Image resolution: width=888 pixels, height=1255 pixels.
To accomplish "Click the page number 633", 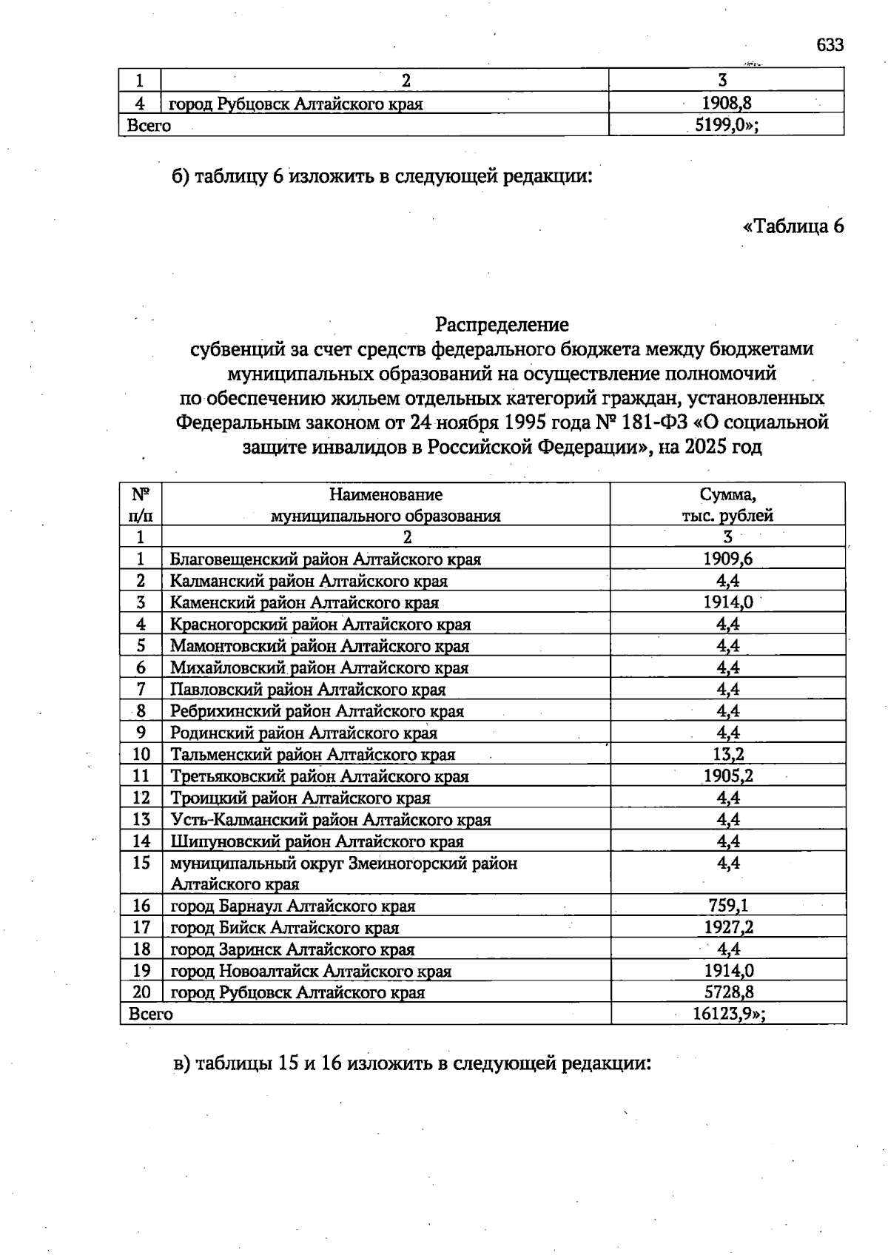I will [x=830, y=45].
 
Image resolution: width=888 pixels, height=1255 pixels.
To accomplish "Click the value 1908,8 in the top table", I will [x=727, y=103].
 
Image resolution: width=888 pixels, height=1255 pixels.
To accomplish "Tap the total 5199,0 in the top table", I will [x=723, y=125].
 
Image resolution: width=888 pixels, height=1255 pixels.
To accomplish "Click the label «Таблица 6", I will [x=793, y=226].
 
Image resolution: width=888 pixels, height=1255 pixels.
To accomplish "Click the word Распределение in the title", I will [x=502, y=324].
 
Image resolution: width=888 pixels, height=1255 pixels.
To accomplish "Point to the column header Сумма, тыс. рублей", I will [x=727, y=505].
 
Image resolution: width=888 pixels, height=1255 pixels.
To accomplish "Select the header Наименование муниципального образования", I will [x=386, y=505].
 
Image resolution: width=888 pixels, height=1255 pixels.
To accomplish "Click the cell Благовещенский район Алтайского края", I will [x=326, y=559].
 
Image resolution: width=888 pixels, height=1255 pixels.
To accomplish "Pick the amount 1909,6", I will [x=727, y=559].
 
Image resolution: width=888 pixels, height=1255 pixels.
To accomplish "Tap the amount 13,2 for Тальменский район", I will [x=727, y=755].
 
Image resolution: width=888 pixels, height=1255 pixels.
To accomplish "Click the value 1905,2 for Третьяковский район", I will [x=727, y=776].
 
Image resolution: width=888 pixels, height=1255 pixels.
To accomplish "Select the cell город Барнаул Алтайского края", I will [x=293, y=906].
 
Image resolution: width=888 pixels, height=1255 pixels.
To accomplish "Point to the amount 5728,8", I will [x=728, y=992].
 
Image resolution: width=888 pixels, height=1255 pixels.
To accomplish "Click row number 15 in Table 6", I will [x=141, y=864].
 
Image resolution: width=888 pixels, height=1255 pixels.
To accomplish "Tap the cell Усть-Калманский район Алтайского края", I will [x=331, y=820].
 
